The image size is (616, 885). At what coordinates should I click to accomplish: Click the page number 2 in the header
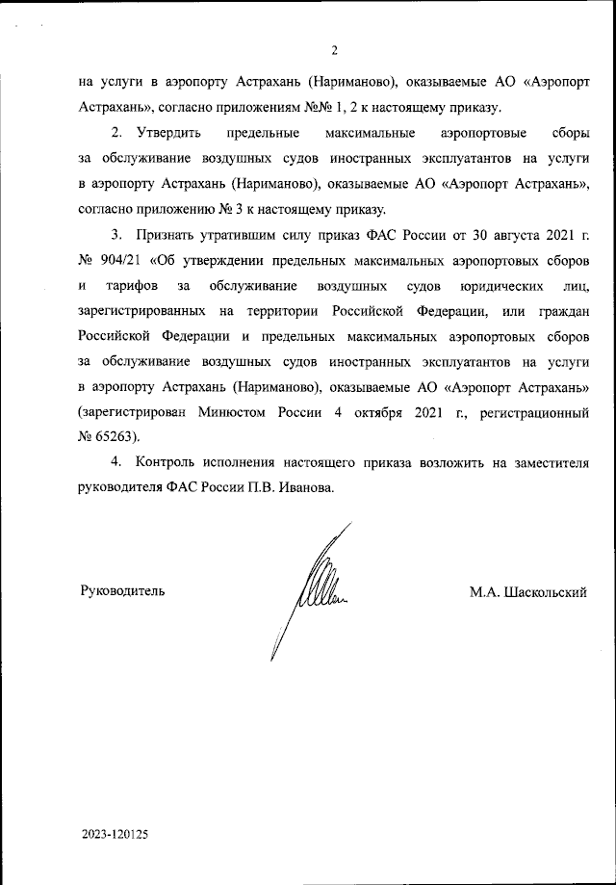[334, 51]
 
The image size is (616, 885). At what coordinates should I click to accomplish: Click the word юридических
[495, 285]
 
